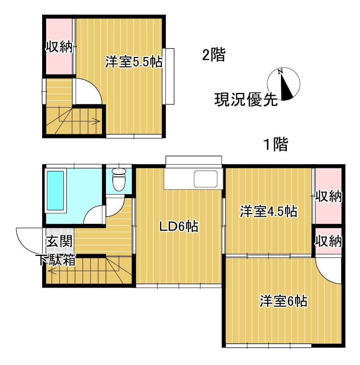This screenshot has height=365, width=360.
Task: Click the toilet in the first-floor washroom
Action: click(x=119, y=179)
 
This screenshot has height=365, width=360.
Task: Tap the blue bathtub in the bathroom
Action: click(x=55, y=191)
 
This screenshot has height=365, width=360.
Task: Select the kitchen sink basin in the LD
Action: click(x=205, y=179)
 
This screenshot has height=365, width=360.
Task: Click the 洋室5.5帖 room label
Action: click(x=134, y=62)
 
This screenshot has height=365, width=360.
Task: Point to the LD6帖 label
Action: click(x=179, y=226)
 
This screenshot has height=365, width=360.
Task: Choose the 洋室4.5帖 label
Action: click(x=268, y=211)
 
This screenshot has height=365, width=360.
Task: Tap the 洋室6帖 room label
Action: click(x=283, y=301)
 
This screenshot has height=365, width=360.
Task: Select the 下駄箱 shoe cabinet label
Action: click(x=57, y=260)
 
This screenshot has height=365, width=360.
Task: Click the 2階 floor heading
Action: click(x=214, y=55)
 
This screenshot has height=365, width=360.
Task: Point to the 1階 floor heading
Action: click(x=276, y=144)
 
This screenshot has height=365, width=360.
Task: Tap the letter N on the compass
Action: click(x=280, y=71)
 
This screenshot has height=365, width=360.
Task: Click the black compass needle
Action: click(x=287, y=87)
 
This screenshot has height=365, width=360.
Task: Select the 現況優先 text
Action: click(x=246, y=100)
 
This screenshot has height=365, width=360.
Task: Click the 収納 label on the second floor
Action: click(x=59, y=47)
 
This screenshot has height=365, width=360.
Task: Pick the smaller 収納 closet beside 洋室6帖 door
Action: click(x=328, y=241)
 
